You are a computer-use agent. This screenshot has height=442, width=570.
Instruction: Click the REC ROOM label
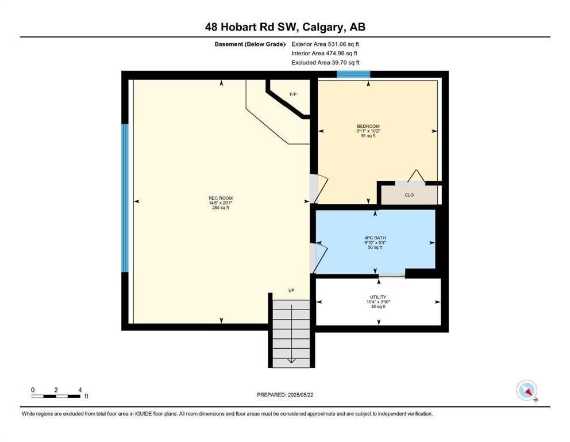pos(221,198)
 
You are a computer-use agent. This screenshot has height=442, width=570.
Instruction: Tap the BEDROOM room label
pos(368,127)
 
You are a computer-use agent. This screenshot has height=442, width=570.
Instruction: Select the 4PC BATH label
pos(375,238)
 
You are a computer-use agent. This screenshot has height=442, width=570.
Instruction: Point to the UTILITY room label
pos(378,297)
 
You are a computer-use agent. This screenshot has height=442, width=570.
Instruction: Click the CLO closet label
pos(409,195)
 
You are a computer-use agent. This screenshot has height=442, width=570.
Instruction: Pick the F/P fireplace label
pos(293,94)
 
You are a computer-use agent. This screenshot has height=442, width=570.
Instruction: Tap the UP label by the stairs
pos(291,290)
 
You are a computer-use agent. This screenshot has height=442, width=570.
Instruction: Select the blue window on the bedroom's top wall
pos(353,74)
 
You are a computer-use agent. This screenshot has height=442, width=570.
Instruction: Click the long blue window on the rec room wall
pos(125,198)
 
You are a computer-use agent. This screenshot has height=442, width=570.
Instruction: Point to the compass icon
pos(527,391)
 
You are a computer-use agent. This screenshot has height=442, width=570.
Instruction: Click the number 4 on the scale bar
pos(80,390)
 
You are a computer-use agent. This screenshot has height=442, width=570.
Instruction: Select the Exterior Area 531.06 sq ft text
pos(325,44)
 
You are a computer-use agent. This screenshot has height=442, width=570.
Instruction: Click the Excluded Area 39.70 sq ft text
pos(325,63)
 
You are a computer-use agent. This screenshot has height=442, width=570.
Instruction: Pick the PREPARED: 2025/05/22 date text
pos(285,395)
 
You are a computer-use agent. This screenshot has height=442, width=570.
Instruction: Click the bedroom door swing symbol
pos(319,189)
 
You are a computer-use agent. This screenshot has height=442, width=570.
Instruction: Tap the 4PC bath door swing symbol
pos(319,258)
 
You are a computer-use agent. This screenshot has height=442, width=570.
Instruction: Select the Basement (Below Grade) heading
pos(250,44)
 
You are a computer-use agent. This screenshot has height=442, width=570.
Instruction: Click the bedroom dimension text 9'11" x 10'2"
pos(368,131)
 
